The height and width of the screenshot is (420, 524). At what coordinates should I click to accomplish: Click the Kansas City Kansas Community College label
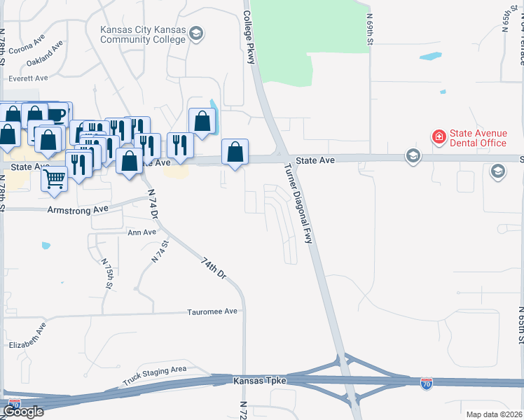tap(143, 35)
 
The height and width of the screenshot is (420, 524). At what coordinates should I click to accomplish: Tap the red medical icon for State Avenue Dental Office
tap(439, 136)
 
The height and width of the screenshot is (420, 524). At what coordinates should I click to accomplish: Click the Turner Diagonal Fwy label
tap(298, 204)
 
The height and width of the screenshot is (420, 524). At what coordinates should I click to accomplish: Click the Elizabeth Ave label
tap(28, 335)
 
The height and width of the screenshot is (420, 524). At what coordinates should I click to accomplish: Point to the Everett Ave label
tap(28, 78)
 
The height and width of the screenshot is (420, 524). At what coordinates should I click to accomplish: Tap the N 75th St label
tap(109, 274)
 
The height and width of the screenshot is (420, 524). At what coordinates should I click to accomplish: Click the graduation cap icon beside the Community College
tap(197, 34)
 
